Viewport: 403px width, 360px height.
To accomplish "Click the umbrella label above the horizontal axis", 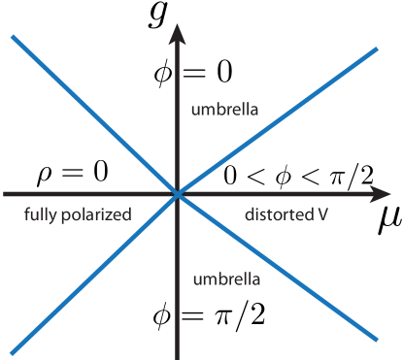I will [225, 110].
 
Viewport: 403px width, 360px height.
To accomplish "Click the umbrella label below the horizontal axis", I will [225, 279].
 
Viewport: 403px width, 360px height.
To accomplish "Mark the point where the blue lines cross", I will [177, 194].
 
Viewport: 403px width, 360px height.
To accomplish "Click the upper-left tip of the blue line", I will [14, 37].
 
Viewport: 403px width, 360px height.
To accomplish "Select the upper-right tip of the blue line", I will [376, 49].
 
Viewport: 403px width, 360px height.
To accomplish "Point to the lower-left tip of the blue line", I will [14, 350].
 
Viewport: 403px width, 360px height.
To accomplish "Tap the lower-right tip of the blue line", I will [376, 339].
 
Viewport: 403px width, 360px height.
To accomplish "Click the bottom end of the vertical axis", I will [177, 358].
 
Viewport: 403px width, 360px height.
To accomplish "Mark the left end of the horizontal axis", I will [4, 194].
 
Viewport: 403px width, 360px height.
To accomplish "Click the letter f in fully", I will [26, 213].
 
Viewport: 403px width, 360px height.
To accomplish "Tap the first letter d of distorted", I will [249, 213].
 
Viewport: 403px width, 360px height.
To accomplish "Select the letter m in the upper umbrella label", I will [209, 111].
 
